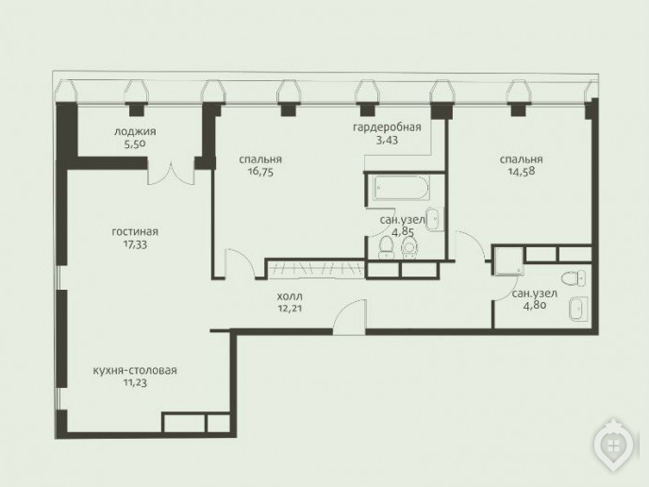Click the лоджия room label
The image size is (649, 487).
[135, 132]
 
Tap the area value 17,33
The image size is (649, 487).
[135, 244]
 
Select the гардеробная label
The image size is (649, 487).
[387, 127]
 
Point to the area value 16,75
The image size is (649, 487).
[261, 173]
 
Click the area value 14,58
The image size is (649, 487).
[522, 172]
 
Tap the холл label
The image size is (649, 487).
[290, 296]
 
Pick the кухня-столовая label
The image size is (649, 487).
[135, 370]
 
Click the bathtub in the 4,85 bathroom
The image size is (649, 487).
[401, 187]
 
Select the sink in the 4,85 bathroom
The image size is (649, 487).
[435, 217]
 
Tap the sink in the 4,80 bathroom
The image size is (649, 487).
[578, 309]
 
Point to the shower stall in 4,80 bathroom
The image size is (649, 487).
[509, 260]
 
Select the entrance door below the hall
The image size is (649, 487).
[350, 317]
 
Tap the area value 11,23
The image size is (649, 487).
[135, 383]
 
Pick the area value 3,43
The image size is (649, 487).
[387, 141]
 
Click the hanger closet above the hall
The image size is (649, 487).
[314, 268]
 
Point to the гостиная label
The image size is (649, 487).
[135, 232]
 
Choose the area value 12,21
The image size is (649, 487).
[290, 309]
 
